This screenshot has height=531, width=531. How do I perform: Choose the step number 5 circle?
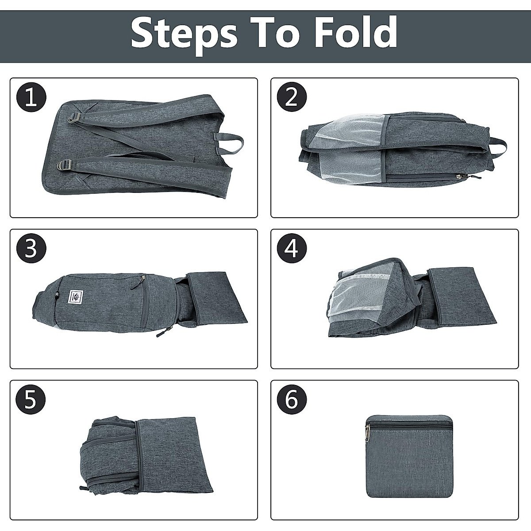(x=31, y=400)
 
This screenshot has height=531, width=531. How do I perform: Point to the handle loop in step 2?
(x=497, y=146)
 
